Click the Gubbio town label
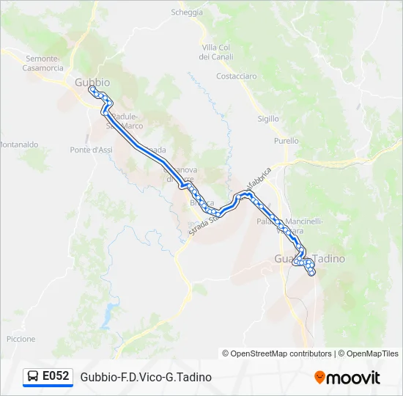pyautogui.click(x=92, y=83)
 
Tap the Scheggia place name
pyautogui.click(x=187, y=12)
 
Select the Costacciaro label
pyautogui.click(x=237, y=76)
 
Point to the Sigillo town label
pyautogui.click(x=268, y=119)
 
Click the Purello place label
pyautogui.click(x=286, y=141)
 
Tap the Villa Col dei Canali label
pyautogui.click(x=216, y=52)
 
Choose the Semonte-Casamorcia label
pyautogui.click(x=45, y=63)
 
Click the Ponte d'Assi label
pyautogui.click(x=92, y=150)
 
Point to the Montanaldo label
pyautogui.click(x=18, y=145)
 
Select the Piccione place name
pyautogui.click(x=21, y=339)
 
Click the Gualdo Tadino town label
pyautogui.click(x=309, y=260)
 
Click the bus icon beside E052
pyautogui.click(x=33, y=377)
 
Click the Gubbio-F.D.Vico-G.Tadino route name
pyautogui.click(x=147, y=377)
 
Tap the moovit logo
pyautogui.click(x=347, y=378)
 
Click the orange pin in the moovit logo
pyautogui.click(x=319, y=378)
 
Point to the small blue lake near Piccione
pyautogui.click(x=109, y=312)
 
